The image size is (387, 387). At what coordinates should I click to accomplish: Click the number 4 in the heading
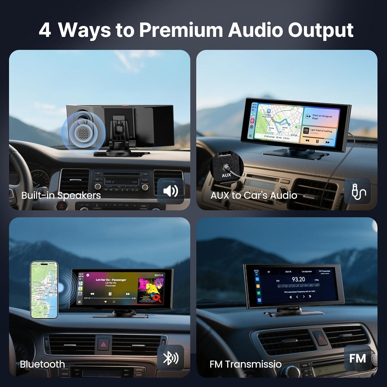tap(45, 30)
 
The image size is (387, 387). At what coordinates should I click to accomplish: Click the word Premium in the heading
tap(181, 30)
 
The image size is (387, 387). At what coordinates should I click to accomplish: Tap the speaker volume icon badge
tap(171, 191)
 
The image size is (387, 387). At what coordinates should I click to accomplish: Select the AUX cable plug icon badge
tap(358, 191)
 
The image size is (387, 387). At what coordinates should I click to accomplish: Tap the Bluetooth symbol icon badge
tap(171, 358)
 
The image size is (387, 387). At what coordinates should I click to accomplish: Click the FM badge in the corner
tap(358, 358)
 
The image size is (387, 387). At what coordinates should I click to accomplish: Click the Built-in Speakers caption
tap(61, 195)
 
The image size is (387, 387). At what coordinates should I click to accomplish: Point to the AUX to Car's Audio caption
tap(254, 195)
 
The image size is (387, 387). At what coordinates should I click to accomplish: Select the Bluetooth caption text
tap(42, 364)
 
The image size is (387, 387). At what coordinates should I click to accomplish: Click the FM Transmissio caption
tap(245, 364)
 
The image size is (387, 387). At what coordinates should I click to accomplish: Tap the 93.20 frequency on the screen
tap(298, 279)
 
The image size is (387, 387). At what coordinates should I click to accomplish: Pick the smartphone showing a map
tap(44, 290)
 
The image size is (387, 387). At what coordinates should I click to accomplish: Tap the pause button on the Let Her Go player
tap(110, 294)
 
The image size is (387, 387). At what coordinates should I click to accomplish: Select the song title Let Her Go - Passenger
tap(111, 280)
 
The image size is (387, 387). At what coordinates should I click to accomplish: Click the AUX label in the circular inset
tap(226, 175)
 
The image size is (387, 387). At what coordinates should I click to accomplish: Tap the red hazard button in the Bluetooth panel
tap(103, 344)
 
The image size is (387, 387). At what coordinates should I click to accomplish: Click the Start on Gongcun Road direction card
tap(321, 117)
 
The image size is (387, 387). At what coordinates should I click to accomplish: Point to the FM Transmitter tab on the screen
tap(325, 271)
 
